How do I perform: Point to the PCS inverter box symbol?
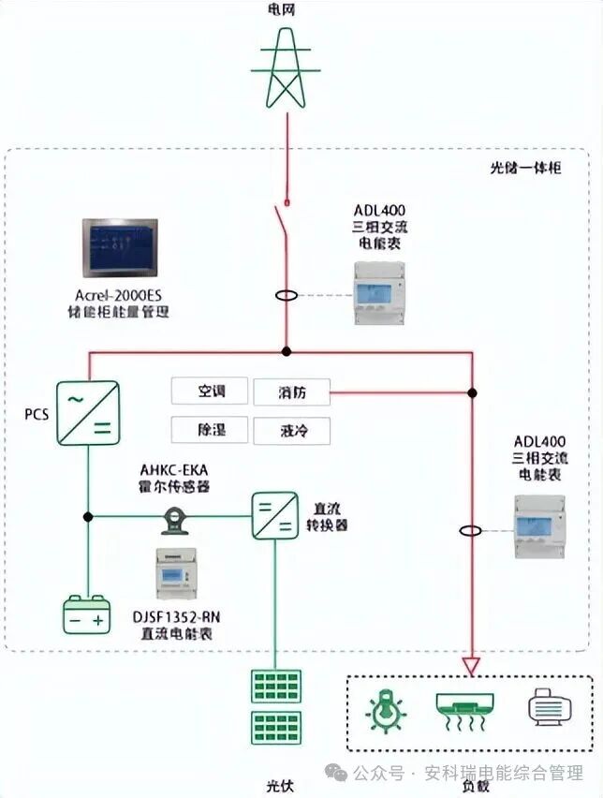pyautogui.click(x=88, y=412)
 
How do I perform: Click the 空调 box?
pyautogui.click(x=211, y=392)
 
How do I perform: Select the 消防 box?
pyautogui.click(x=291, y=392)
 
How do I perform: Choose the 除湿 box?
pyautogui.click(x=211, y=430)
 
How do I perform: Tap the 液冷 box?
pyautogui.click(x=291, y=430)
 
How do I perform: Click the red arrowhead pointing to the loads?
pyautogui.click(x=472, y=667)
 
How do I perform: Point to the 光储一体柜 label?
pyautogui.click(x=525, y=168)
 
